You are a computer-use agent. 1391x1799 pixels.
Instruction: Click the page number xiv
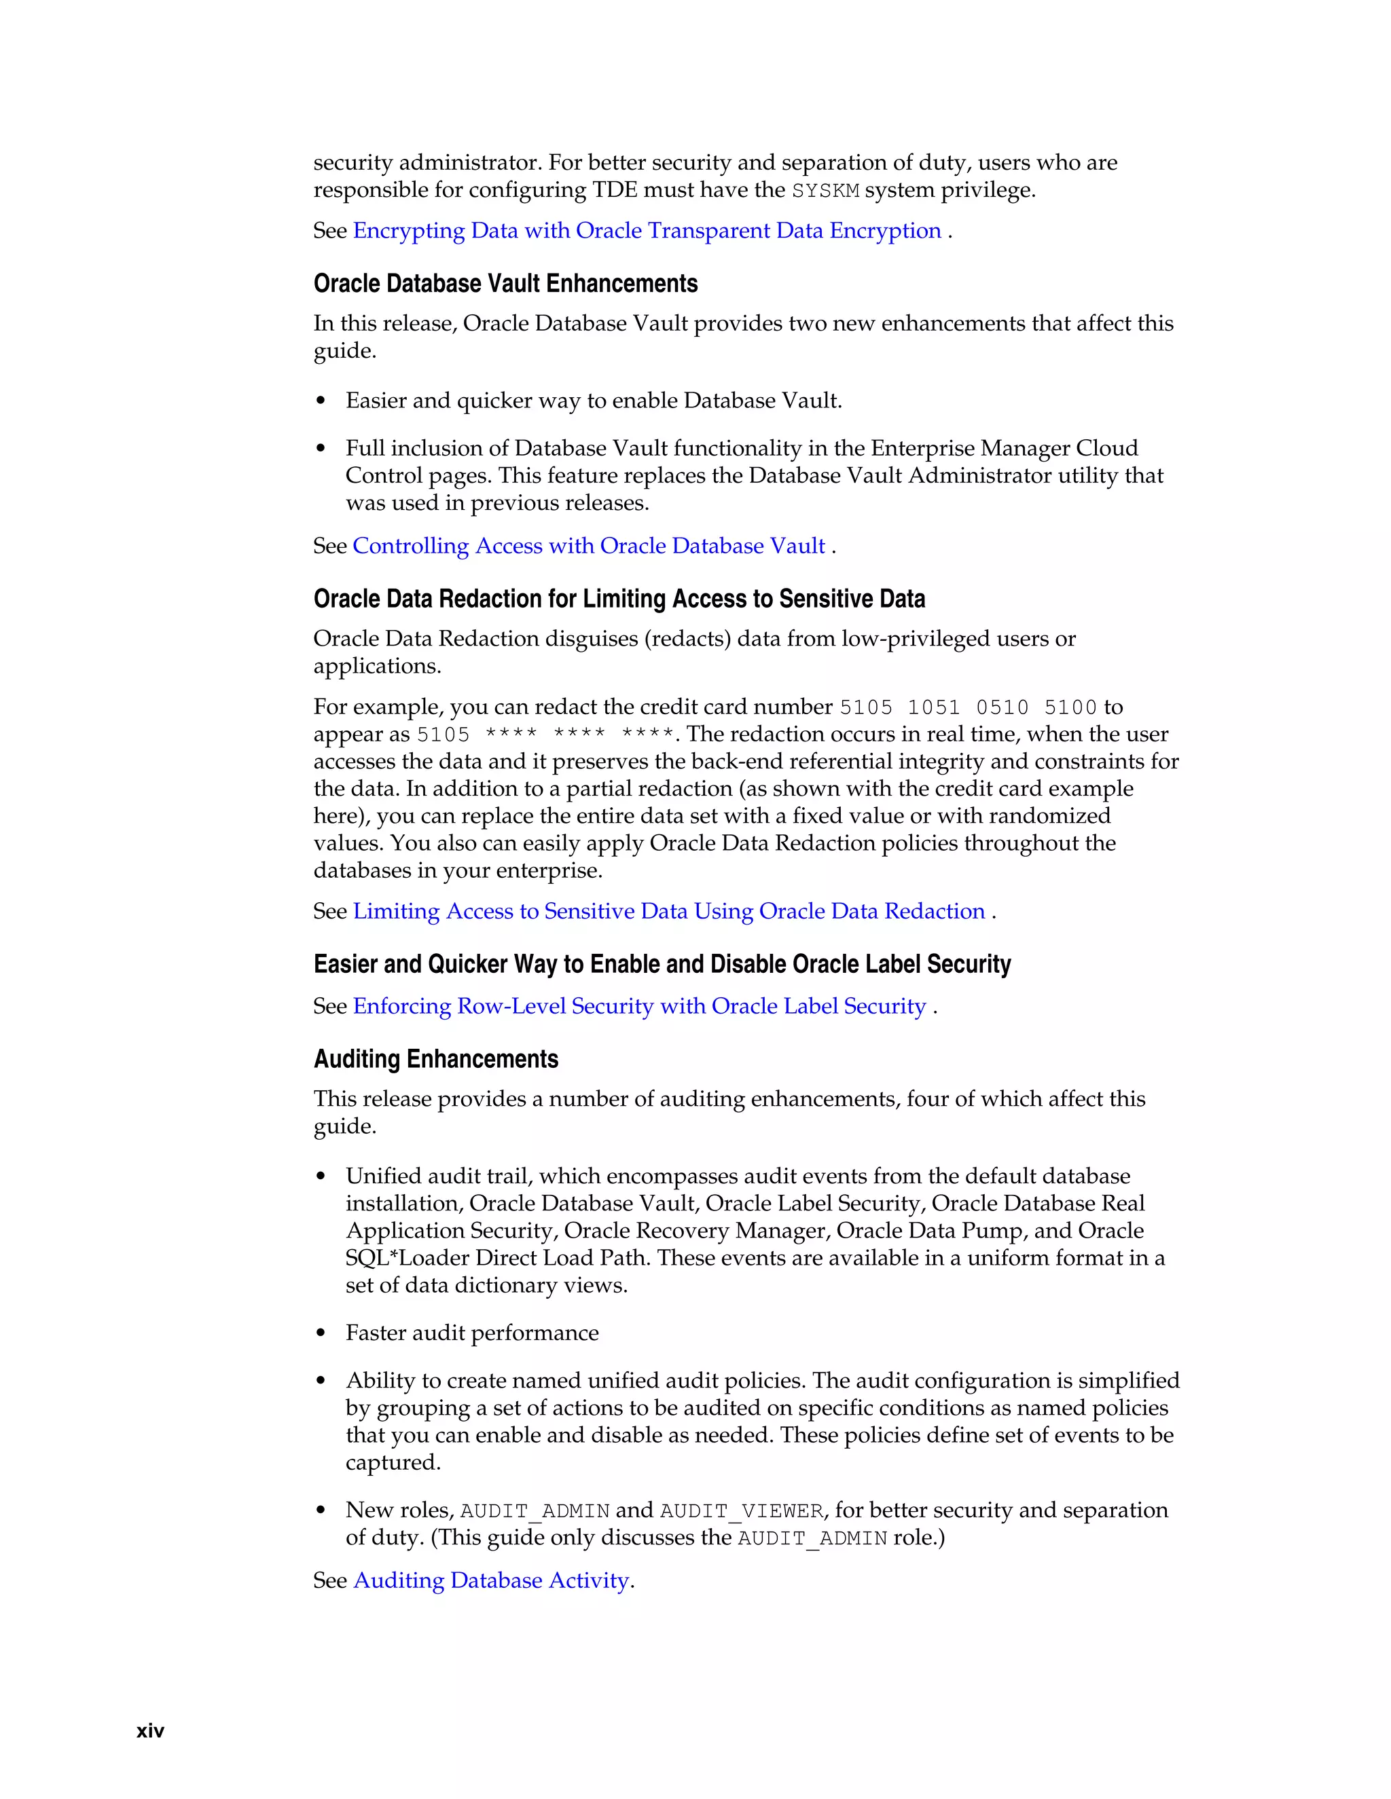pos(150,1730)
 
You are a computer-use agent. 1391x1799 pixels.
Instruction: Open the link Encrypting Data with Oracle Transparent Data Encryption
pos(646,231)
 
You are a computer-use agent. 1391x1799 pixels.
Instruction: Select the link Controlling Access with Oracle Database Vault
pos(588,546)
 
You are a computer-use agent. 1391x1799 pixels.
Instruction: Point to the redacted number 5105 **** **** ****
pos(545,735)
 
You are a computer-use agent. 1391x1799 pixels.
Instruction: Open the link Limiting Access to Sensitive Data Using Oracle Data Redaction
pos(668,911)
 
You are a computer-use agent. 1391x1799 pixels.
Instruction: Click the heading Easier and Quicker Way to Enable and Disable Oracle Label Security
pos(662,964)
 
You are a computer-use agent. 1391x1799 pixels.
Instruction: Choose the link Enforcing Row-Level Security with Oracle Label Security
pos(639,1006)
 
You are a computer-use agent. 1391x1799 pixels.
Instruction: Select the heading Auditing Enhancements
pos(435,1058)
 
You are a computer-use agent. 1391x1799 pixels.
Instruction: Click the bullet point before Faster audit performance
pos(321,1333)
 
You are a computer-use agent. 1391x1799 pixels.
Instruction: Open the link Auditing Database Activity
pos(491,1580)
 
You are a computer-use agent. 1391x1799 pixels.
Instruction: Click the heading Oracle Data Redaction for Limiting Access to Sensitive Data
pos(619,599)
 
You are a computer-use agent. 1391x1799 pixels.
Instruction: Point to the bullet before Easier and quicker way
pos(321,401)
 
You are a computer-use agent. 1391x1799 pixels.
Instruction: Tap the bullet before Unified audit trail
pos(321,1177)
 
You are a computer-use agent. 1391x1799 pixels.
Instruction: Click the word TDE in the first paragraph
pos(615,190)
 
